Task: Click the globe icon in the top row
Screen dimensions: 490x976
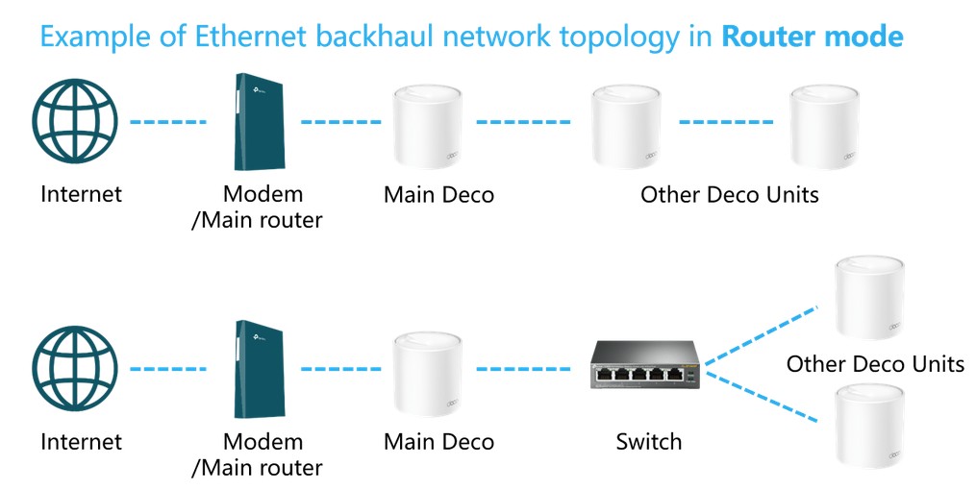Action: [75, 122]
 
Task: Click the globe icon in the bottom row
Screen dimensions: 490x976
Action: [75, 369]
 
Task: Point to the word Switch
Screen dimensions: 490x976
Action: [649, 442]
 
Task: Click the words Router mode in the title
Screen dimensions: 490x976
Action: [813, 37]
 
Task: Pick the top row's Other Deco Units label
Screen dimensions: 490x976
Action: [730, 194]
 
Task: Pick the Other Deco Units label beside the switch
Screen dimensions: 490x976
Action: [875, 364]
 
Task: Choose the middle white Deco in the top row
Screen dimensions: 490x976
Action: [630, 126]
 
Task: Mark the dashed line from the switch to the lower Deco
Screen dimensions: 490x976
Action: [761, 396]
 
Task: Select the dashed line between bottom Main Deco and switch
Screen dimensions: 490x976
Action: [523, 368]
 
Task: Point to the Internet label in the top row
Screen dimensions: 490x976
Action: [82, 194]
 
